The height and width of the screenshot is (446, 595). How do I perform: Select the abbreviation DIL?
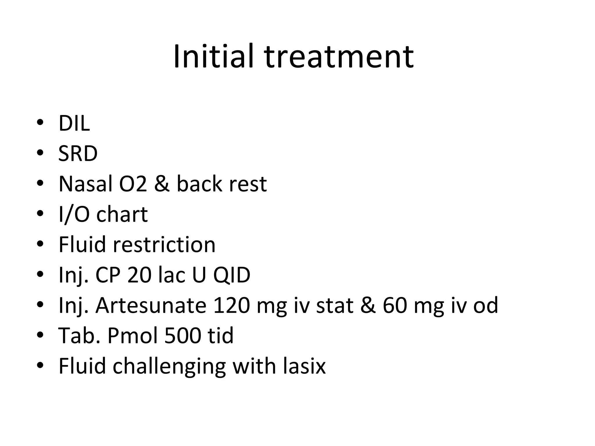(74, 123)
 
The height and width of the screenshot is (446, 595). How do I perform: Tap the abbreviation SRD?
(78, 154)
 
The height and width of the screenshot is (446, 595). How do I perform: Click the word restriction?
(164, 244)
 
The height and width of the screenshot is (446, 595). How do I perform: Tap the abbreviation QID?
(232, 275)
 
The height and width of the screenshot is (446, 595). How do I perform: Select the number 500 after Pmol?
(182, 336)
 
